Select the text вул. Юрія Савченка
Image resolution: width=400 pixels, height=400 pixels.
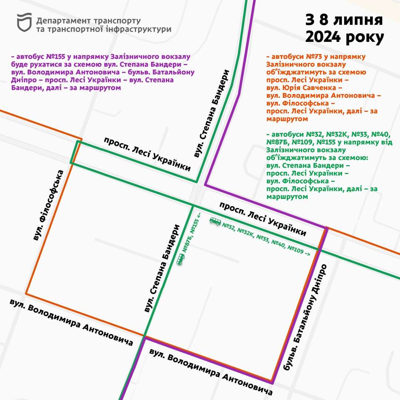[302, 88]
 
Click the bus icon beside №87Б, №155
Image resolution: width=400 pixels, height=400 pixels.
[181, 259]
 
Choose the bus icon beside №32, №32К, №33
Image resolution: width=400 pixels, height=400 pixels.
[215, 221]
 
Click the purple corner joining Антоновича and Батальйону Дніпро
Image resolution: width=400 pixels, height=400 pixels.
[272, 382]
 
